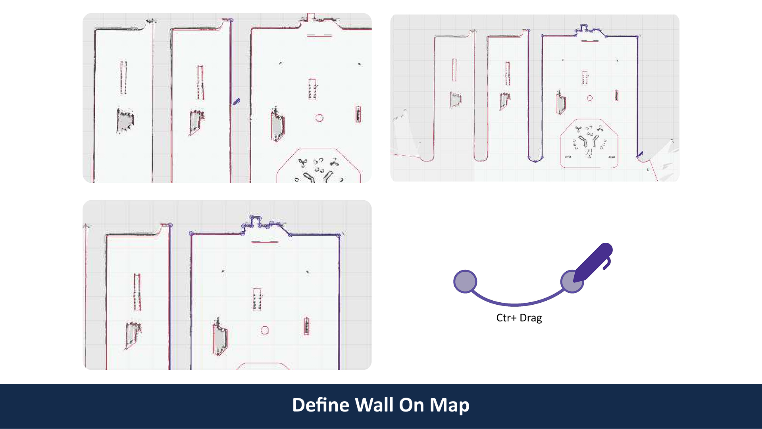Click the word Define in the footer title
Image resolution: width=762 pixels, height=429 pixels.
tap(320, 405)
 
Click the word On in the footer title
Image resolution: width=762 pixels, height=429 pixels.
tap(412, 405)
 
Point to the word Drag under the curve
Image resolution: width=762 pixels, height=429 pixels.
tap(531, 318)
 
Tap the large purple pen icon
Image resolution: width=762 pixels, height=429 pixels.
tap(593, 262)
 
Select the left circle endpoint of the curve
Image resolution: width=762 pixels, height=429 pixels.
tap(465, 282)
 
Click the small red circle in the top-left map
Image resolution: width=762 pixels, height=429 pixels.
tap(319, 118)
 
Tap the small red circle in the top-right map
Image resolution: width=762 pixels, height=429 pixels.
tap(590, 98)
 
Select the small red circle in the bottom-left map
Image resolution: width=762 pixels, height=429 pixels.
tap(265, 330)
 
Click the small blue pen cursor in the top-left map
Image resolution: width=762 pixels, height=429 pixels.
tap(236, 102)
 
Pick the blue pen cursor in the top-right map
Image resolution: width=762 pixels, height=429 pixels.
tap(640, 154)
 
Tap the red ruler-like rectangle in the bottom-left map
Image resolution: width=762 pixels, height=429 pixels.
tap(306, 327)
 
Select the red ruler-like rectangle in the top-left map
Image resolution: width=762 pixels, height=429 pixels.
tap(358, 114)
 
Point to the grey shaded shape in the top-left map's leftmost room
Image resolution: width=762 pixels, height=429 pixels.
tap(125, 120)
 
